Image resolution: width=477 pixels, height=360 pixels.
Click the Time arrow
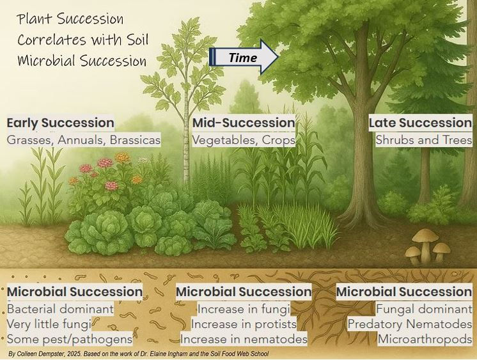244,58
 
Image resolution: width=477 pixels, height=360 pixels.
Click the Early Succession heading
61,123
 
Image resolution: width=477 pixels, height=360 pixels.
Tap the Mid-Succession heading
244,123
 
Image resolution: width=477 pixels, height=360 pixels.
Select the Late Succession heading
420,123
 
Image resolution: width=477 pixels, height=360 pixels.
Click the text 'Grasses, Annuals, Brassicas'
84,139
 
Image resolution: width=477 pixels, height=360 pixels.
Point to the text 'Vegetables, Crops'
244,139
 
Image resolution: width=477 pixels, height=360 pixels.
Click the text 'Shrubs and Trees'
423,139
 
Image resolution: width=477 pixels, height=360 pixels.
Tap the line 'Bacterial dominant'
60,309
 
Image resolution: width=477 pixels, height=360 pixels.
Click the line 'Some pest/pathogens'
70,338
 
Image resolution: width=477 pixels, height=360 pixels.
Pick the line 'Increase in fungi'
244,309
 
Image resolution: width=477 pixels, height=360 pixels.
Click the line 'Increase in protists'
244,324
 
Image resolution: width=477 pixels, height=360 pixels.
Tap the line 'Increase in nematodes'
244,338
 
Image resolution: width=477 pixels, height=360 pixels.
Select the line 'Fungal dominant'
424,309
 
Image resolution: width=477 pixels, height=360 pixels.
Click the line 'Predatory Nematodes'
409,324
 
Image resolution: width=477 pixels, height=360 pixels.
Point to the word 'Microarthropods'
425,338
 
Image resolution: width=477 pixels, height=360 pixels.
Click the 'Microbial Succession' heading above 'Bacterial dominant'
74,292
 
